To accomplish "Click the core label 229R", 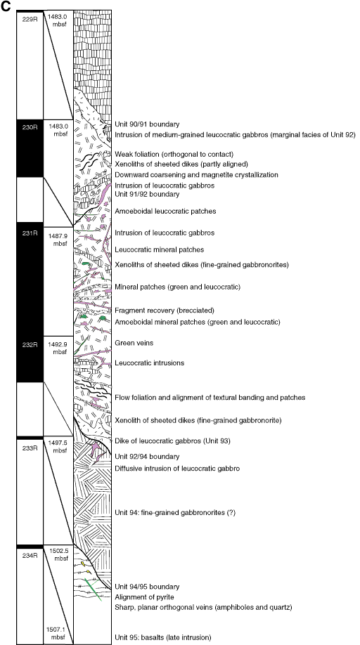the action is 30,18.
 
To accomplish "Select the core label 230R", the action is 30,127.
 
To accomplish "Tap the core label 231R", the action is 30,233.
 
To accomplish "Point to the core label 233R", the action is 30,448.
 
